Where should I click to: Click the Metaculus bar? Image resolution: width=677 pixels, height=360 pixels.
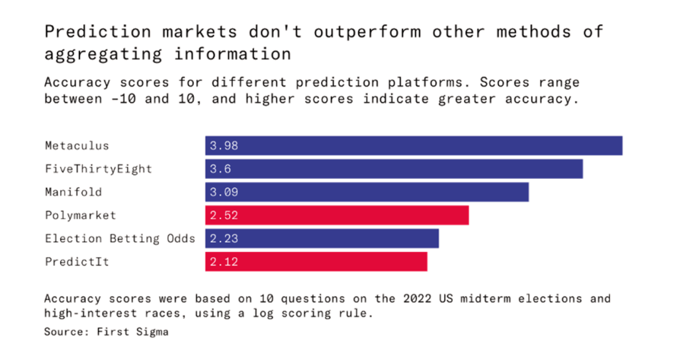click(414, 146)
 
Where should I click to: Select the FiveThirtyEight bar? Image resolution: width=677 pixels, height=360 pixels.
click(394, 169)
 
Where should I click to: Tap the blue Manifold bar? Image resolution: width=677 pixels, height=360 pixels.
click(367, 192)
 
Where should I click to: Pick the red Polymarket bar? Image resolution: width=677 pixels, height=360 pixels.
click(337, 215)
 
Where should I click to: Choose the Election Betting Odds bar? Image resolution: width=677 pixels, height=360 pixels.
click(322, 238)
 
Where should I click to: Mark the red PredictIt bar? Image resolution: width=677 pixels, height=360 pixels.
click(316, 261)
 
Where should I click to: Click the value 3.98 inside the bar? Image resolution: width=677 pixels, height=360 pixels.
click(224, 146)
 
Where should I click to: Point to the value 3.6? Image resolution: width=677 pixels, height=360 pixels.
click(220, 169)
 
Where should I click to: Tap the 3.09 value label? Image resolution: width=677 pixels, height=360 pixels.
click(224, 192)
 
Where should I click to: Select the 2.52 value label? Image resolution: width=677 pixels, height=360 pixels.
click(224, 215)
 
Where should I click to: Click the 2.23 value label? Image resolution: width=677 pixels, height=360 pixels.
click(224, 238)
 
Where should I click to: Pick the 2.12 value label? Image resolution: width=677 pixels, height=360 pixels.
click(224, 261)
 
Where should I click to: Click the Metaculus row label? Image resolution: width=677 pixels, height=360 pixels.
click(77, 146)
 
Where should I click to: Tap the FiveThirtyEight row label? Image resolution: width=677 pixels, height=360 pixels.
click(99, 169)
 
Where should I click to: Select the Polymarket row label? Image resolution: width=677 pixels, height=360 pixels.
click(80, 215)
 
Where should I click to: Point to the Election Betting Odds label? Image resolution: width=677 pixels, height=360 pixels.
click(120, 238)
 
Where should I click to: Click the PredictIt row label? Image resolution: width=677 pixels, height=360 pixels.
click(77, 261)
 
